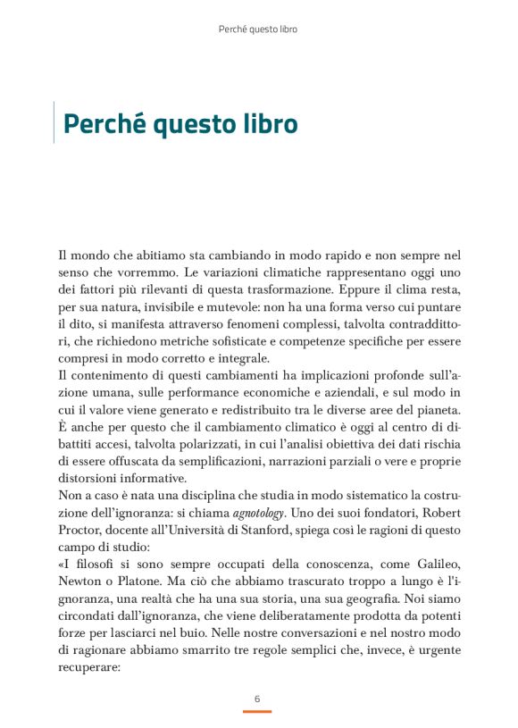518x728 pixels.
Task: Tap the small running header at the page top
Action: click(258, 29)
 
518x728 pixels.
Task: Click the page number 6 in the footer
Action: click(257, 698)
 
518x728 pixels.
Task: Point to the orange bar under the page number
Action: click(257, 711)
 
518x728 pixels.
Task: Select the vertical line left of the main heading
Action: click(54, 122)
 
